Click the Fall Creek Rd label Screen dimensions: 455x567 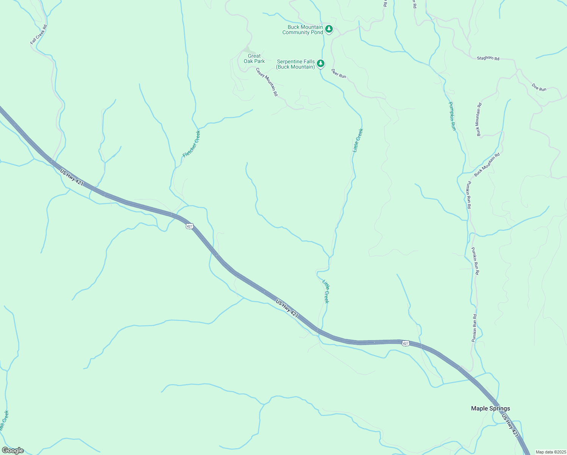click(39, 35)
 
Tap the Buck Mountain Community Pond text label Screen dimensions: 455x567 click(303, 30)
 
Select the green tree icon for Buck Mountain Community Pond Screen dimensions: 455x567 click(329, 28)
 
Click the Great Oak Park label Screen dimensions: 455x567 click(254, 58)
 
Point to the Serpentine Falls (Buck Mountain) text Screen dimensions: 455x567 click(296, 64)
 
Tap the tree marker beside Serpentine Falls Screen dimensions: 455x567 click(321, 63)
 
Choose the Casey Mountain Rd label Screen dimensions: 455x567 click(267, 82)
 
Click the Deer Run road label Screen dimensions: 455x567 click(338, 74)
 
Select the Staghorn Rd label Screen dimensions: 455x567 click(488, 58)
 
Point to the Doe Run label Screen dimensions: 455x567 click(539, 87)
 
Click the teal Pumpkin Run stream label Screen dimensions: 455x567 click(452, 116)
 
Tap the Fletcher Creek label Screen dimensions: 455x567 click(191, 144)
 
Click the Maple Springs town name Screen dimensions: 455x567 click(490, 408)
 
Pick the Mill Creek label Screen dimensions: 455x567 click(4, 420)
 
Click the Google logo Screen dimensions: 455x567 click(13, 450)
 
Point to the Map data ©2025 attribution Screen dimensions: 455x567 click(550, 452)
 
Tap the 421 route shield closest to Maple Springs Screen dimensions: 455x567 click(406, 343)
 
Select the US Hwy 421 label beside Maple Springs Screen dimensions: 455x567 click(510, 425)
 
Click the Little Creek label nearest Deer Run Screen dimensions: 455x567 click(358, 140)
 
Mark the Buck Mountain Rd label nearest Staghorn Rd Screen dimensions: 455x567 click(479, 119)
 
